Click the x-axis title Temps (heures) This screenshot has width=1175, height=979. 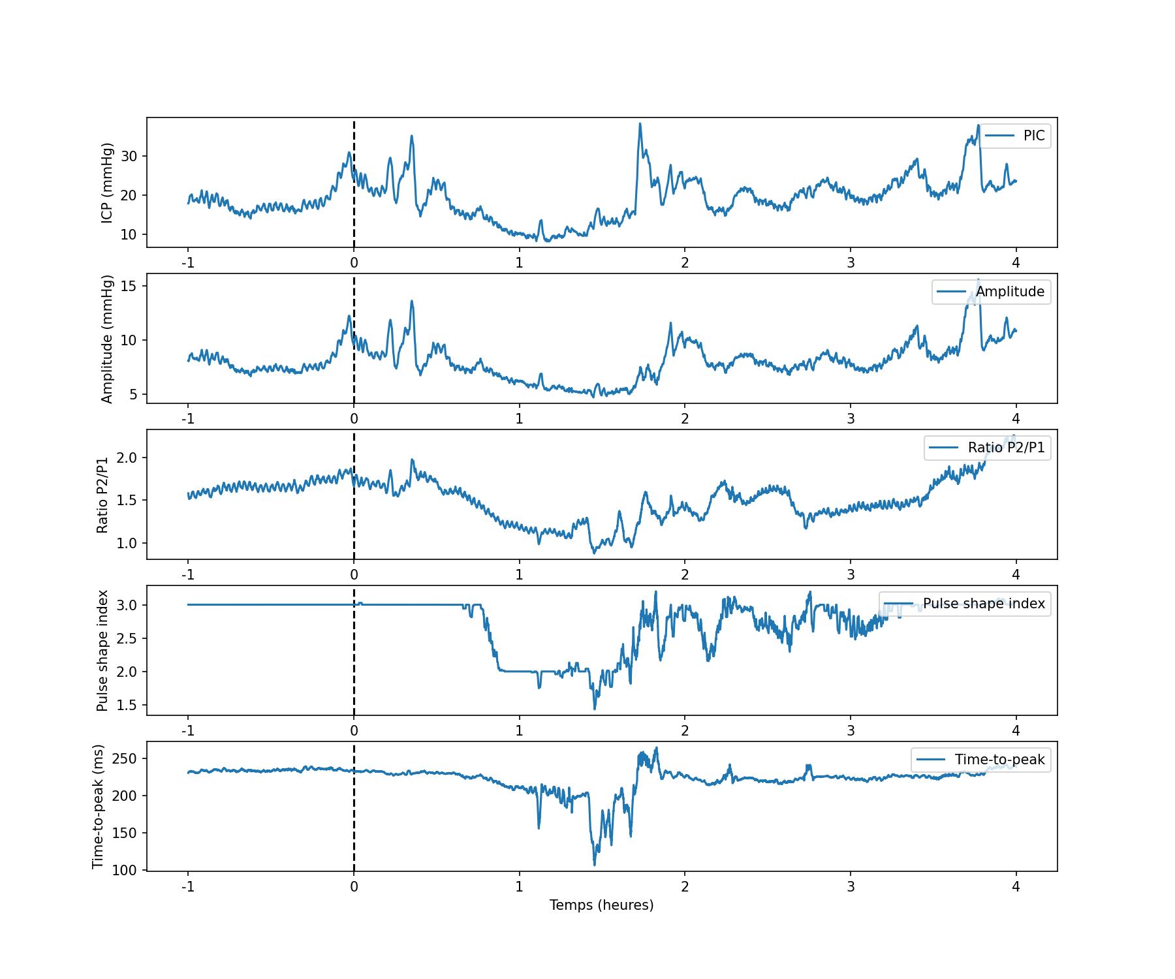pos(601,905)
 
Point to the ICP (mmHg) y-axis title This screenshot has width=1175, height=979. pos(108,182)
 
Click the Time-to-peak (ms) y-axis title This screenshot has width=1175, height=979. pos(99,807)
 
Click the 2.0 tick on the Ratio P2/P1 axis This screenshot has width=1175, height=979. pos(127,458)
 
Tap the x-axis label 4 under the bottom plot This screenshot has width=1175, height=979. pos(1016,887)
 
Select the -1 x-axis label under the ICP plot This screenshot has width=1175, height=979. pos(188,263)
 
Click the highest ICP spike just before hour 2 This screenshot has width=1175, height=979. pos(640,123)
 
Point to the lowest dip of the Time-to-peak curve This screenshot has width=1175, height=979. pos(594,865)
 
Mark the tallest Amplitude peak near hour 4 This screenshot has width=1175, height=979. pos(978,280)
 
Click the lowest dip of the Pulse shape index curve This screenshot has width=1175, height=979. pos(594,709)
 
